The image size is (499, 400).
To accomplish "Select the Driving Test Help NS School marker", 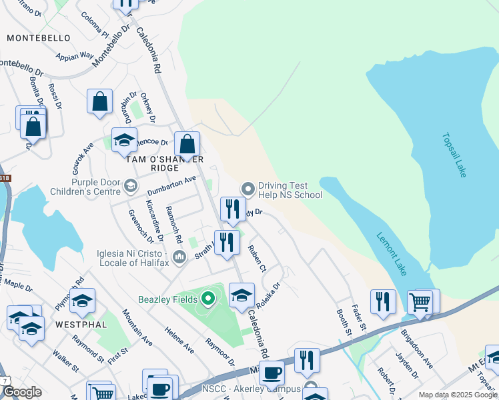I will point(248,189).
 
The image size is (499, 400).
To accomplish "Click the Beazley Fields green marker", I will point(208,298).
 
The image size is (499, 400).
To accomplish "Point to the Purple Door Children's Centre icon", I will point(131,185).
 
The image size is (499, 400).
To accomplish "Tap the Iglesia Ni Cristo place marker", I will point(178,257).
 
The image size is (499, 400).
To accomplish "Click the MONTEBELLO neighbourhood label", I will point(38,39).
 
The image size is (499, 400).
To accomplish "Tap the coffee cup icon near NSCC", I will point(272,373).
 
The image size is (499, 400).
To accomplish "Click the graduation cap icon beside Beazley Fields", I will point(241,295).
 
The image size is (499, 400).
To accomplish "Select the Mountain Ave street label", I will point(137,327).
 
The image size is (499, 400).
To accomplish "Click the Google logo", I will point(21,392).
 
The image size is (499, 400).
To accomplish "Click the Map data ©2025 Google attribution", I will point(457,395).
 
